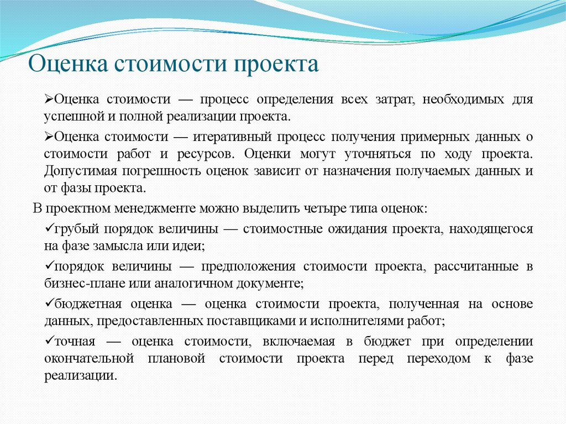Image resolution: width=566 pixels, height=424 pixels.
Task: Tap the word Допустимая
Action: tap(76, 171)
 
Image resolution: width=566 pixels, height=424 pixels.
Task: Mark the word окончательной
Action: tap(89, 358)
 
